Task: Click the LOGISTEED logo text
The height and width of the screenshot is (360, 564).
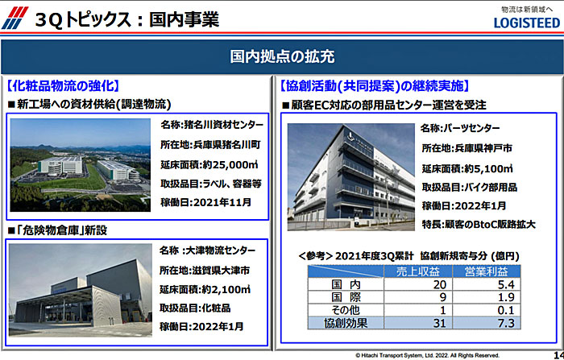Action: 527,23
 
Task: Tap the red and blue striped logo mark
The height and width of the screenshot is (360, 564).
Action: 15,18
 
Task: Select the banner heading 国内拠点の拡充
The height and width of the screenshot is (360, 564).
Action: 282,56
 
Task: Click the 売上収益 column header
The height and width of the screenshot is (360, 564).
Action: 418,271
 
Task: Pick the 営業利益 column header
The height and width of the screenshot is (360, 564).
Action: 487,271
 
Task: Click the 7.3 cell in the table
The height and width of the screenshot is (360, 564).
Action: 506,323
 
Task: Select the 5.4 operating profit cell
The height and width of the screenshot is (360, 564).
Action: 506,284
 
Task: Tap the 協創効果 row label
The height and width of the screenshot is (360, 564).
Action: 346,323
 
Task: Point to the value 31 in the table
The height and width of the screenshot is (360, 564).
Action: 440,323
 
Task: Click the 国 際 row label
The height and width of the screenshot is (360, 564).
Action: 346,297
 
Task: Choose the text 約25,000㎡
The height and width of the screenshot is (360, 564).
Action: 230,165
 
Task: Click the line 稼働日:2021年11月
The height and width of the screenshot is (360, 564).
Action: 205,202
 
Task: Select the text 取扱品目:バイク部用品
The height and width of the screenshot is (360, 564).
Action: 470,187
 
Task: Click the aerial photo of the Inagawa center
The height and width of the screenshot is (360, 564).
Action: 81,165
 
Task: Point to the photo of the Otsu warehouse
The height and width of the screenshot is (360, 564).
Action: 81,290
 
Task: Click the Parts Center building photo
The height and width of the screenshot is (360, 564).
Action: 351,177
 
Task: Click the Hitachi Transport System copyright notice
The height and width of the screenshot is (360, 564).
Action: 427,355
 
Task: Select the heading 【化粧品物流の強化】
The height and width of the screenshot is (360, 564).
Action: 63,86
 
